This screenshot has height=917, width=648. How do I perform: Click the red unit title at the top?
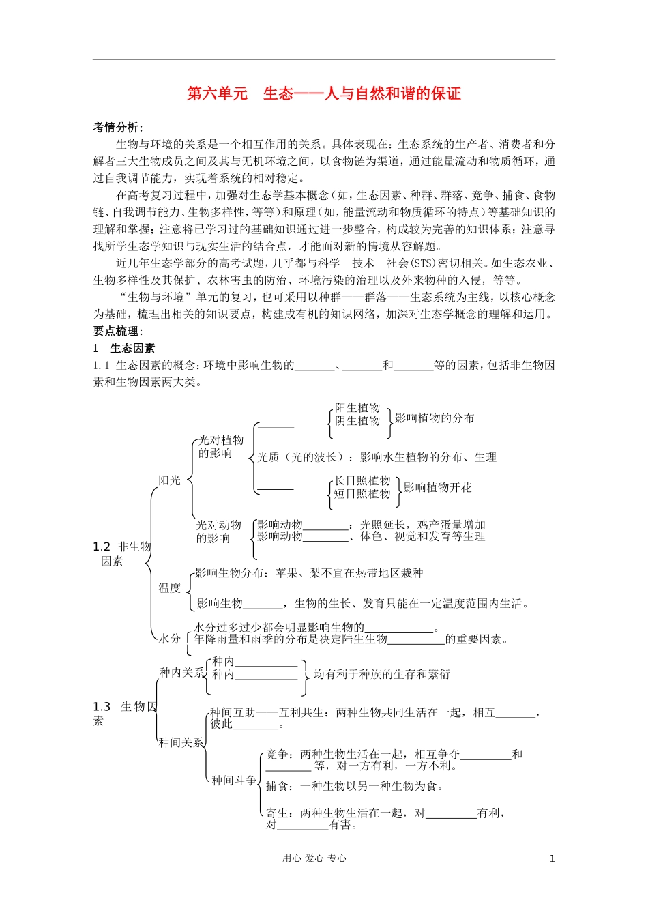coord(324,93)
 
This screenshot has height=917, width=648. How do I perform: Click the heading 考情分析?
coord(117,128)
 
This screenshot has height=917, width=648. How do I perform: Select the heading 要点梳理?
coord(117,331)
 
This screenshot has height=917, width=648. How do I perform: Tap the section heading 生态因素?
coord(132,348)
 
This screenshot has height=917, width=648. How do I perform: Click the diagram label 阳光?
coord(170,480)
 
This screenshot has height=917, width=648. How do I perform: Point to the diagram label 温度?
coord(170,588)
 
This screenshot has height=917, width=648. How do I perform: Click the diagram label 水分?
coord(170,639)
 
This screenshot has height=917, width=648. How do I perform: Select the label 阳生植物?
coord(357,408)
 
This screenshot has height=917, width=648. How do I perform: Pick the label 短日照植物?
coord(362,493)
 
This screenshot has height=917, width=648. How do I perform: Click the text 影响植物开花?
coord(438,487)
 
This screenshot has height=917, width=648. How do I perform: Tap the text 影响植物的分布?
coord(435,418)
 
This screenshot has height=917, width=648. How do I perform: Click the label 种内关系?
coord(181,673)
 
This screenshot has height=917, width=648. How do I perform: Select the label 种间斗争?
coord(234,781)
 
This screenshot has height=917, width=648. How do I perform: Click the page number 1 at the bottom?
coord(552,859)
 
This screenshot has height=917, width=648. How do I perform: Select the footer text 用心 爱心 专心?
coord(314,858)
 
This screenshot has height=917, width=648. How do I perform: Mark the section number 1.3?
coord(102,707)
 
